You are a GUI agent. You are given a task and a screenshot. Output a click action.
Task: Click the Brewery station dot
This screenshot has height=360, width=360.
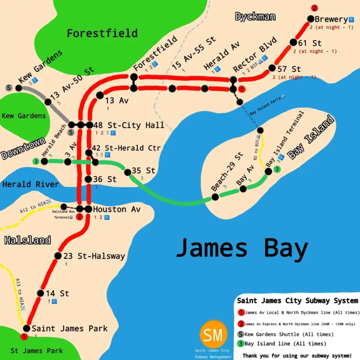[x=310, y=19]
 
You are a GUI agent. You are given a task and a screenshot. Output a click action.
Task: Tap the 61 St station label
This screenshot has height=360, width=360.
[x=311, y=43]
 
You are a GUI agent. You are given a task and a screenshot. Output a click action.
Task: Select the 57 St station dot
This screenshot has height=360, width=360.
[x=272, y=68]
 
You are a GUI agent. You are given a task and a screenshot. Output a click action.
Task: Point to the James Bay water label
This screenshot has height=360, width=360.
[x=242, y=248]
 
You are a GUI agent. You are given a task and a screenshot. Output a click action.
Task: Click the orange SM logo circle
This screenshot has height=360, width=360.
[x=213, y=335]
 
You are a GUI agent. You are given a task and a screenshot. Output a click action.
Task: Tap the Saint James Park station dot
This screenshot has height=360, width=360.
[x=27, y=328]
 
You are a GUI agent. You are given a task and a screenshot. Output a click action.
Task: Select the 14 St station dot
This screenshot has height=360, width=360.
[x=41, y=293]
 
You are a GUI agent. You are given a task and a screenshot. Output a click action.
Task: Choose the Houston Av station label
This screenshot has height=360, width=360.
[x=115, y=209]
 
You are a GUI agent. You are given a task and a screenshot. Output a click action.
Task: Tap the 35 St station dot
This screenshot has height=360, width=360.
[x=128, y=172]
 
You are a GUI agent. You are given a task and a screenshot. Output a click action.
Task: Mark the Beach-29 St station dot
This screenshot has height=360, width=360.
[x=215, y=197]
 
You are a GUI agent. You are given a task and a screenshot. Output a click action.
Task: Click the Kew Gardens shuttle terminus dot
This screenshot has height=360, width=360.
[x=19, y=88]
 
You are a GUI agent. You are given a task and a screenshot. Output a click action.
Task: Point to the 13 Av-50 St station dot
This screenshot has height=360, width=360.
[x=48, y=102]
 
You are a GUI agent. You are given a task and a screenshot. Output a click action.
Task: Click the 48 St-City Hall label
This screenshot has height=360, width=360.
[x=129, y=125]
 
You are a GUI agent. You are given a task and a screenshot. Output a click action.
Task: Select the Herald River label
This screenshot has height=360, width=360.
[x=31, y=185]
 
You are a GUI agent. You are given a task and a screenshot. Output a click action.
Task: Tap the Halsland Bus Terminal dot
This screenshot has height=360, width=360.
[x=64, y=207]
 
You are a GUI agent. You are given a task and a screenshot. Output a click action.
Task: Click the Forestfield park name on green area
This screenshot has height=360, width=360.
[x=102, y=33]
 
